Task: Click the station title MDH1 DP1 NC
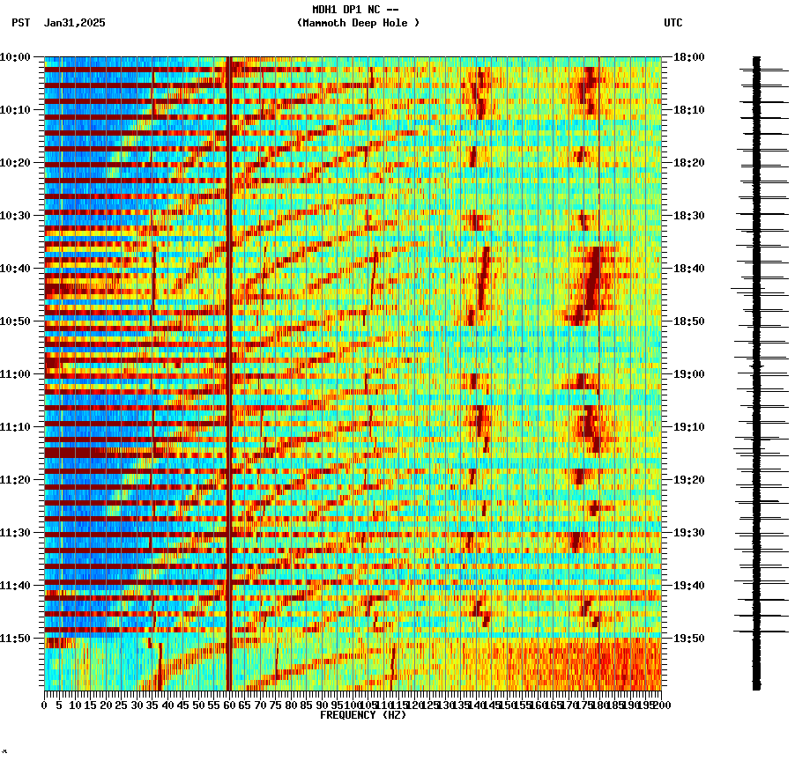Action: [355, 10]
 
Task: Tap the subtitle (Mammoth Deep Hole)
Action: [358, 23]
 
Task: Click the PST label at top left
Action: [21, 23]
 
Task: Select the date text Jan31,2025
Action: [74, 23]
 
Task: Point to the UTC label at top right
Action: [672, 23]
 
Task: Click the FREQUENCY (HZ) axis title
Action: [362, 715]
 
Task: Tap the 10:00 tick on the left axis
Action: [16, 57]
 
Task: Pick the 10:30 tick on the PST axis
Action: [16, 216]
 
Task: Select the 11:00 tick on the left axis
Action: [16, 374]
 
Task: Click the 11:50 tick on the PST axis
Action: [16, 639]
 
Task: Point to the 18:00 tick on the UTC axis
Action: [688, 57]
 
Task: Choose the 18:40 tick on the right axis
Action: [688, 269]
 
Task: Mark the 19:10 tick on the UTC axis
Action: [688, 427]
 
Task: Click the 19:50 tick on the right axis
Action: [688, 639]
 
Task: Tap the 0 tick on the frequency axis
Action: [45, 705]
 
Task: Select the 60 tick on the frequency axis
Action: [229, 705]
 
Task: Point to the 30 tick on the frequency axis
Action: [137, 705]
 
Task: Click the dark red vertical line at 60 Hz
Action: [229, 352]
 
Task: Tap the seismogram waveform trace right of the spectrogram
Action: [756, 370]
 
